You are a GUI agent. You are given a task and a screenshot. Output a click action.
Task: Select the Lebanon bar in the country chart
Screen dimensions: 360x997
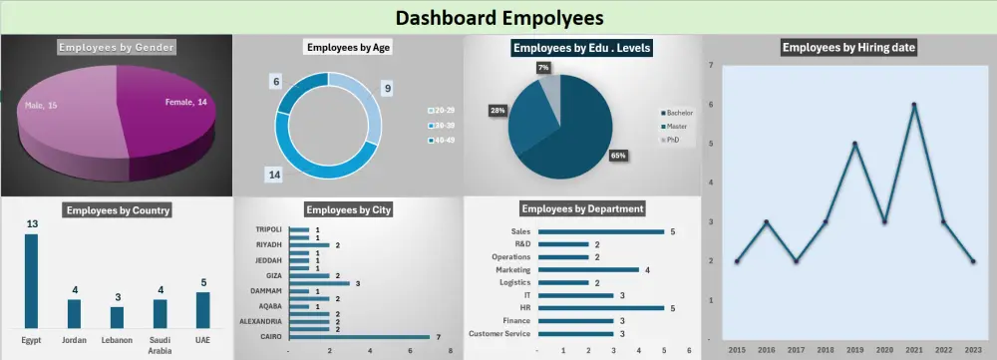tap(117, 317)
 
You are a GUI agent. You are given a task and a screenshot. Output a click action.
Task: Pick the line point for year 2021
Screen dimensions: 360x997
tap(913, 105)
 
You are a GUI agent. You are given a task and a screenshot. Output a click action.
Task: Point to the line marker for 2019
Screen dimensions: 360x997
tap(854, 144)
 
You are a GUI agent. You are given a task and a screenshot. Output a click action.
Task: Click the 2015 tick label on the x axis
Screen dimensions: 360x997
tap(736, 351)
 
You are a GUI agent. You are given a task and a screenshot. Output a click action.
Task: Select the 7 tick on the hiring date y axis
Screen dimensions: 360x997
tap(710, 65)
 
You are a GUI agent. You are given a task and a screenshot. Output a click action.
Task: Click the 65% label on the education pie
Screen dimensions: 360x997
tap(617, 156)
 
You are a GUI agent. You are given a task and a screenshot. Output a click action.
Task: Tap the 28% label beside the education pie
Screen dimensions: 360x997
tap(497, 110)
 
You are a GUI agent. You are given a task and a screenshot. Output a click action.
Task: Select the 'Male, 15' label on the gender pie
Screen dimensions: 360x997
tap(41, 105)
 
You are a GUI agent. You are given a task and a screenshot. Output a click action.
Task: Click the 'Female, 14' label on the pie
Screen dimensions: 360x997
tap(187, 102)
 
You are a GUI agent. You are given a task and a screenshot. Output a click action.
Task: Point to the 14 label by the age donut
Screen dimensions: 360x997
tap(272, 175)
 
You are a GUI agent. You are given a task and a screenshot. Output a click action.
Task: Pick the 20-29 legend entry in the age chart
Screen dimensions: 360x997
tap(440, 110)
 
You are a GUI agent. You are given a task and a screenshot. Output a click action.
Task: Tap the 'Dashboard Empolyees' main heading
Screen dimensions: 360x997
tap(498, 17)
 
